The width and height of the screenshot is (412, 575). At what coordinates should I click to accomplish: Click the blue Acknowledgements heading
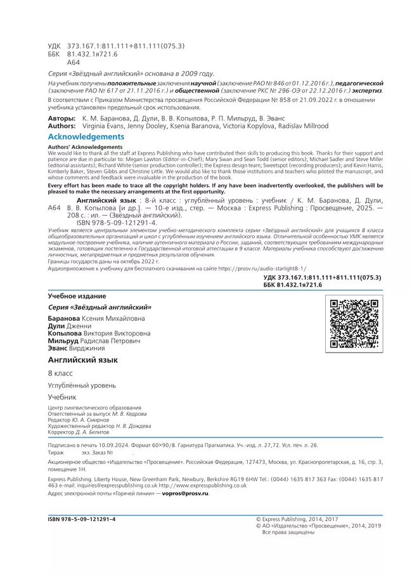[x=86, y=137]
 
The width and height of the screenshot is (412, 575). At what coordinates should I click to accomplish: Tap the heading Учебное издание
[x=77, y=296]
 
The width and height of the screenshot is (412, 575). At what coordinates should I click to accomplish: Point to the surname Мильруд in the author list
[x=66, y=340]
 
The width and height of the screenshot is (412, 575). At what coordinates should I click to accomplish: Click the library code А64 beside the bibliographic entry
[x=55, y=207]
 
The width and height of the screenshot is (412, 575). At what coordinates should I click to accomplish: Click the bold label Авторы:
[x=61, y=119]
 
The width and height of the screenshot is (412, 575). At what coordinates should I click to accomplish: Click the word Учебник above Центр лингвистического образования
[x=62, y=397]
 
